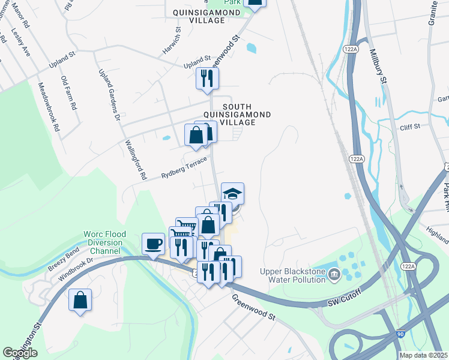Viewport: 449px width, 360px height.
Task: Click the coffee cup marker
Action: click(x=153, y=244)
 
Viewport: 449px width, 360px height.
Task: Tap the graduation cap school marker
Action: click(x=232, y=193)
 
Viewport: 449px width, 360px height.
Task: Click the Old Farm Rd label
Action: click(x=68, y=92)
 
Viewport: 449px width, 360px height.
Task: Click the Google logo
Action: click(x=20, y=353)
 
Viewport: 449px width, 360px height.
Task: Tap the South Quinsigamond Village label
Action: click(x=238, y=113)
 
